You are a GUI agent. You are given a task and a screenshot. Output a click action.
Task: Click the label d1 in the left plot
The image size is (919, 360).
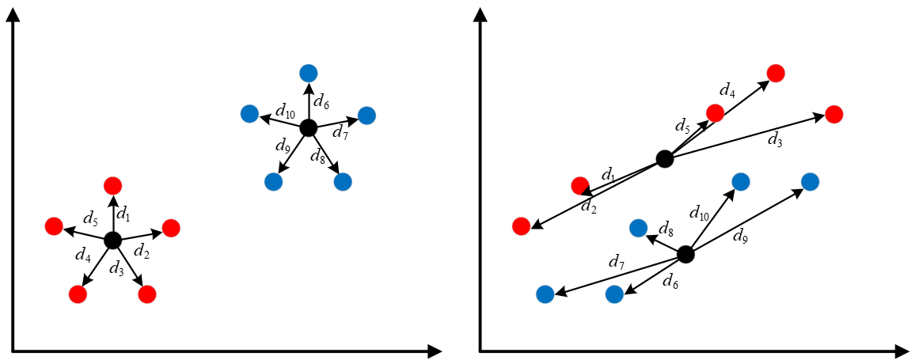(123, 214)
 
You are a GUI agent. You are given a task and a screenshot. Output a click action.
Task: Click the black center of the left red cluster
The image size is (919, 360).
(112, 240)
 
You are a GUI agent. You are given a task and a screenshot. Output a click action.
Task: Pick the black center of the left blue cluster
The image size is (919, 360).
(308, 127)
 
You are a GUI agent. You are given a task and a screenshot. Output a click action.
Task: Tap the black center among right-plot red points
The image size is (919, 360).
(664, 158)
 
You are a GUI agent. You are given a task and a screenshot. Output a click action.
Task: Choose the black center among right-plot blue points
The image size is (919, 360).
(685, 255)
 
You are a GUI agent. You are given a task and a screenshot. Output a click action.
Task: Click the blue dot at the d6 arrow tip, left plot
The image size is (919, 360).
(308, 73)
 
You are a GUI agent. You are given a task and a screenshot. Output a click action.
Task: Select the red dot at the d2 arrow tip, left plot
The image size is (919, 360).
(170, 228)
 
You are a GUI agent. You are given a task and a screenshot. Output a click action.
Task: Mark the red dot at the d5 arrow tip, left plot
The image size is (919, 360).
(53, 225)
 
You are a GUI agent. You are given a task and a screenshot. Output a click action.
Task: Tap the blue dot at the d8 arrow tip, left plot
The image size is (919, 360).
(343, 181)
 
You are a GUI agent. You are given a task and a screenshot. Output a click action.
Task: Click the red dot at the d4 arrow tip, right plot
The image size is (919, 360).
(776, 73)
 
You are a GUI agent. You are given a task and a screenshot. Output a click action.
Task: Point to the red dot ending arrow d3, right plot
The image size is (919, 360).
(834, 114)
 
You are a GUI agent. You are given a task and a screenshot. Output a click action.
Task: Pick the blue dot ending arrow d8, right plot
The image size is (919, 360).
(638, 229)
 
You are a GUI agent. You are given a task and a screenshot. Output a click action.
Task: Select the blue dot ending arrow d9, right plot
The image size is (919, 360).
(810, 181)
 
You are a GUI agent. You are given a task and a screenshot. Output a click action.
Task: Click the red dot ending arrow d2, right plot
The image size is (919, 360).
(521, 225)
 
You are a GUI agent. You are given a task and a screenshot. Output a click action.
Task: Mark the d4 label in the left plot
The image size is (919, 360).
(82, 255)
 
